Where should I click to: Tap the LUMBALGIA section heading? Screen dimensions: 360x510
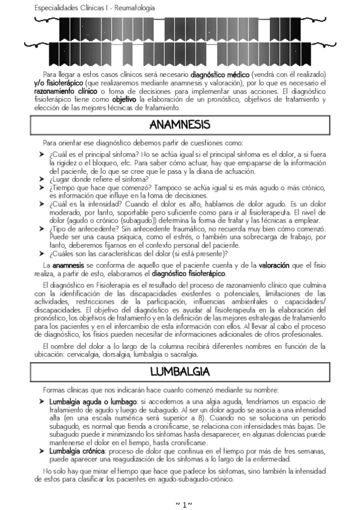tap(180, 370)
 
